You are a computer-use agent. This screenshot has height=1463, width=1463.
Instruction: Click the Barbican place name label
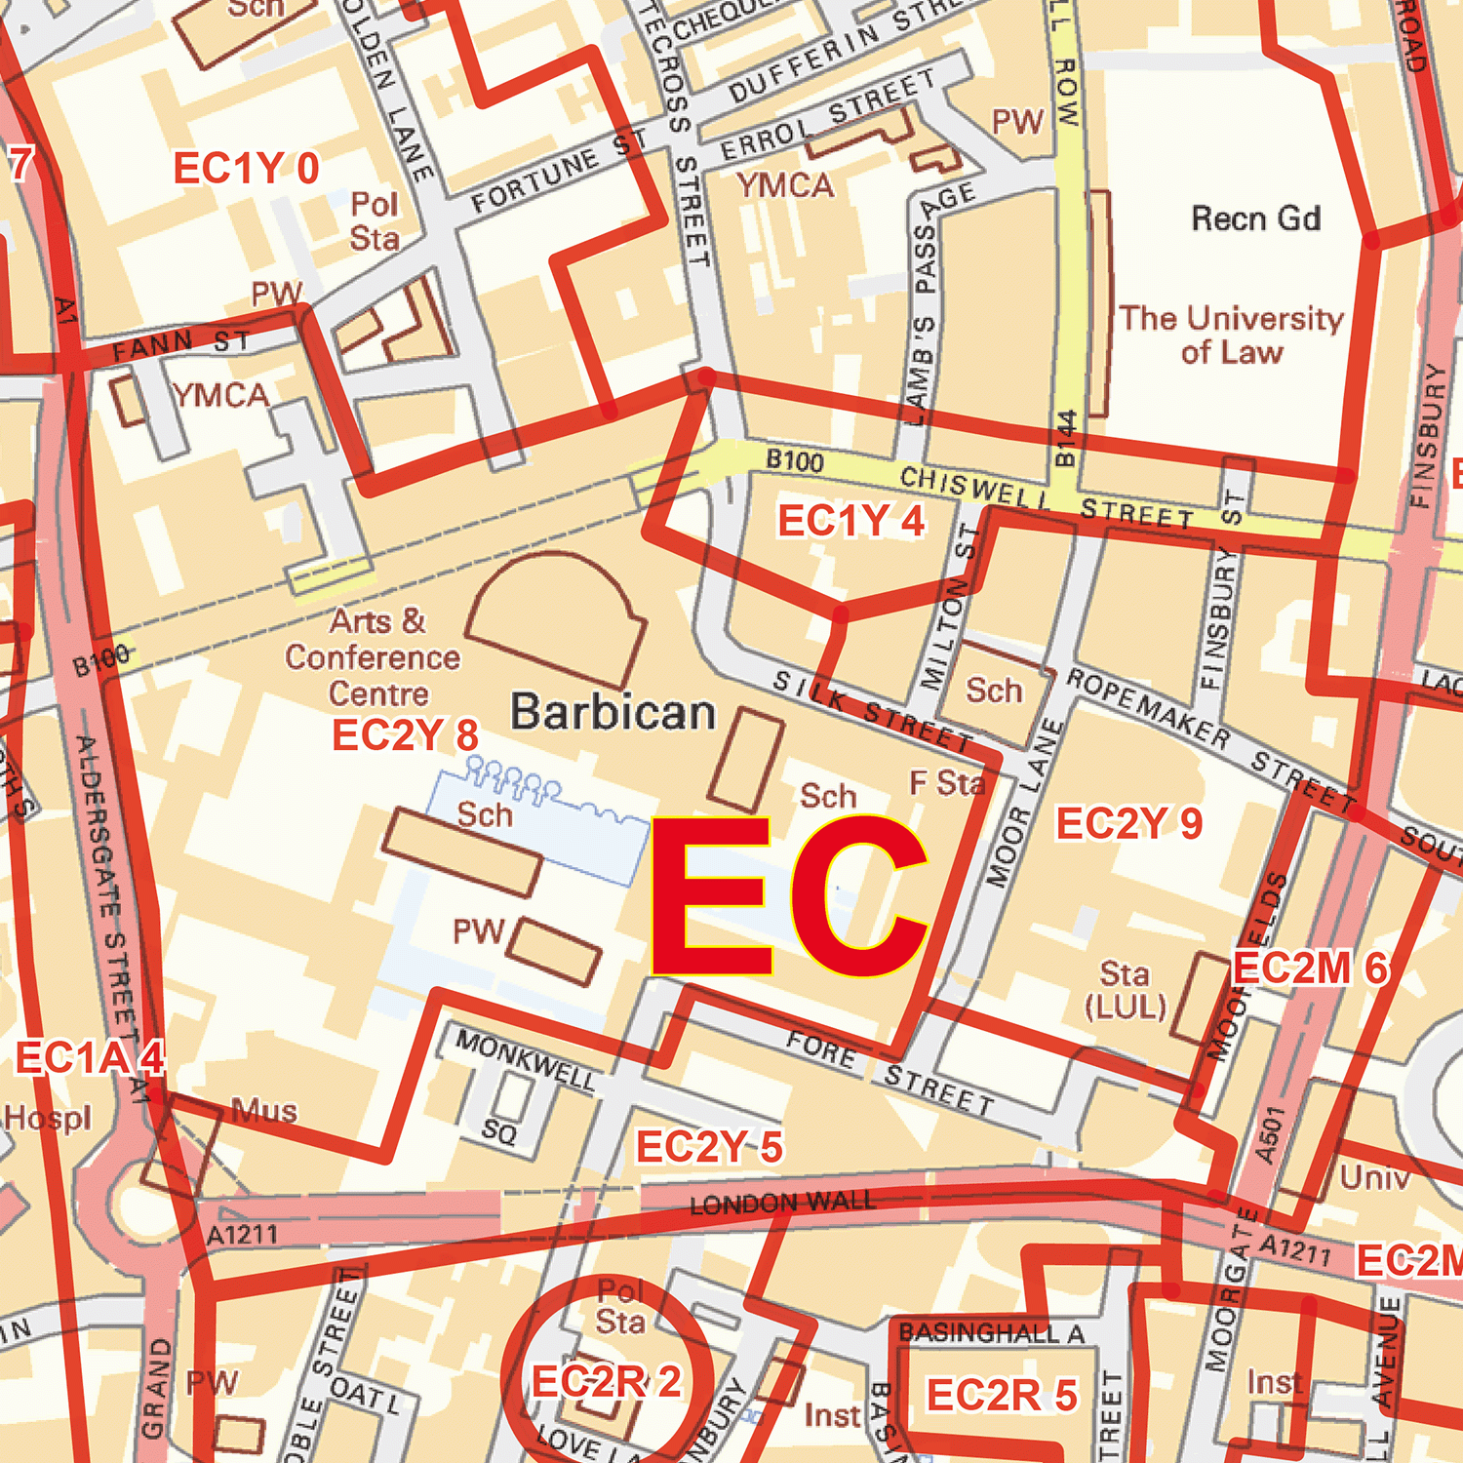(613, 712)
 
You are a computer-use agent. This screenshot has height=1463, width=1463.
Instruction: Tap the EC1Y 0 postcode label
(246, 169)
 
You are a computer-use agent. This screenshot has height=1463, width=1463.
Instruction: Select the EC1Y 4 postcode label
(850, 521)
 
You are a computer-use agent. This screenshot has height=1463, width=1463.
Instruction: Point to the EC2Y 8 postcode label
(405, 735)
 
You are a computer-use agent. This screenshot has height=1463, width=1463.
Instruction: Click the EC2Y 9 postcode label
(1129, 824)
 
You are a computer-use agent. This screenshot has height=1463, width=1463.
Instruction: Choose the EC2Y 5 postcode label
(709, 1148)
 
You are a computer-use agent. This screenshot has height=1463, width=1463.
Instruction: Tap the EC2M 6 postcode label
(1311, 969)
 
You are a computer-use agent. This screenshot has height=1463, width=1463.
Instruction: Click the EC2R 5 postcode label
(1002, 1396)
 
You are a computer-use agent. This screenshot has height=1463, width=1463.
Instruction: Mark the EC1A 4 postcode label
(90, 1058)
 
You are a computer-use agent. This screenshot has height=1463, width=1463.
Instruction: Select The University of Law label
(1231, 335)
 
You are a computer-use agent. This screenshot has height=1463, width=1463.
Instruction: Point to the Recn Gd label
(1256, 218)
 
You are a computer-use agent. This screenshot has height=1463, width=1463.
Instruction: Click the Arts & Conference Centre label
(374, 657)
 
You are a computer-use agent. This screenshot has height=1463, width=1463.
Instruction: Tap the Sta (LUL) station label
(1126, 990)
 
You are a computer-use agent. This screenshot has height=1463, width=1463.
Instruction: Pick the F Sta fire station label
(946, 783)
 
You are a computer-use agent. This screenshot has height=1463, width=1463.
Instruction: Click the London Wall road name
(782, 1204)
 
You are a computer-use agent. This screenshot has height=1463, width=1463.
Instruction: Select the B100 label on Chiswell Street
(795, 460)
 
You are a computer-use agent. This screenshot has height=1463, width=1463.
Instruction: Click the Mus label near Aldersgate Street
(263, 1110)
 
